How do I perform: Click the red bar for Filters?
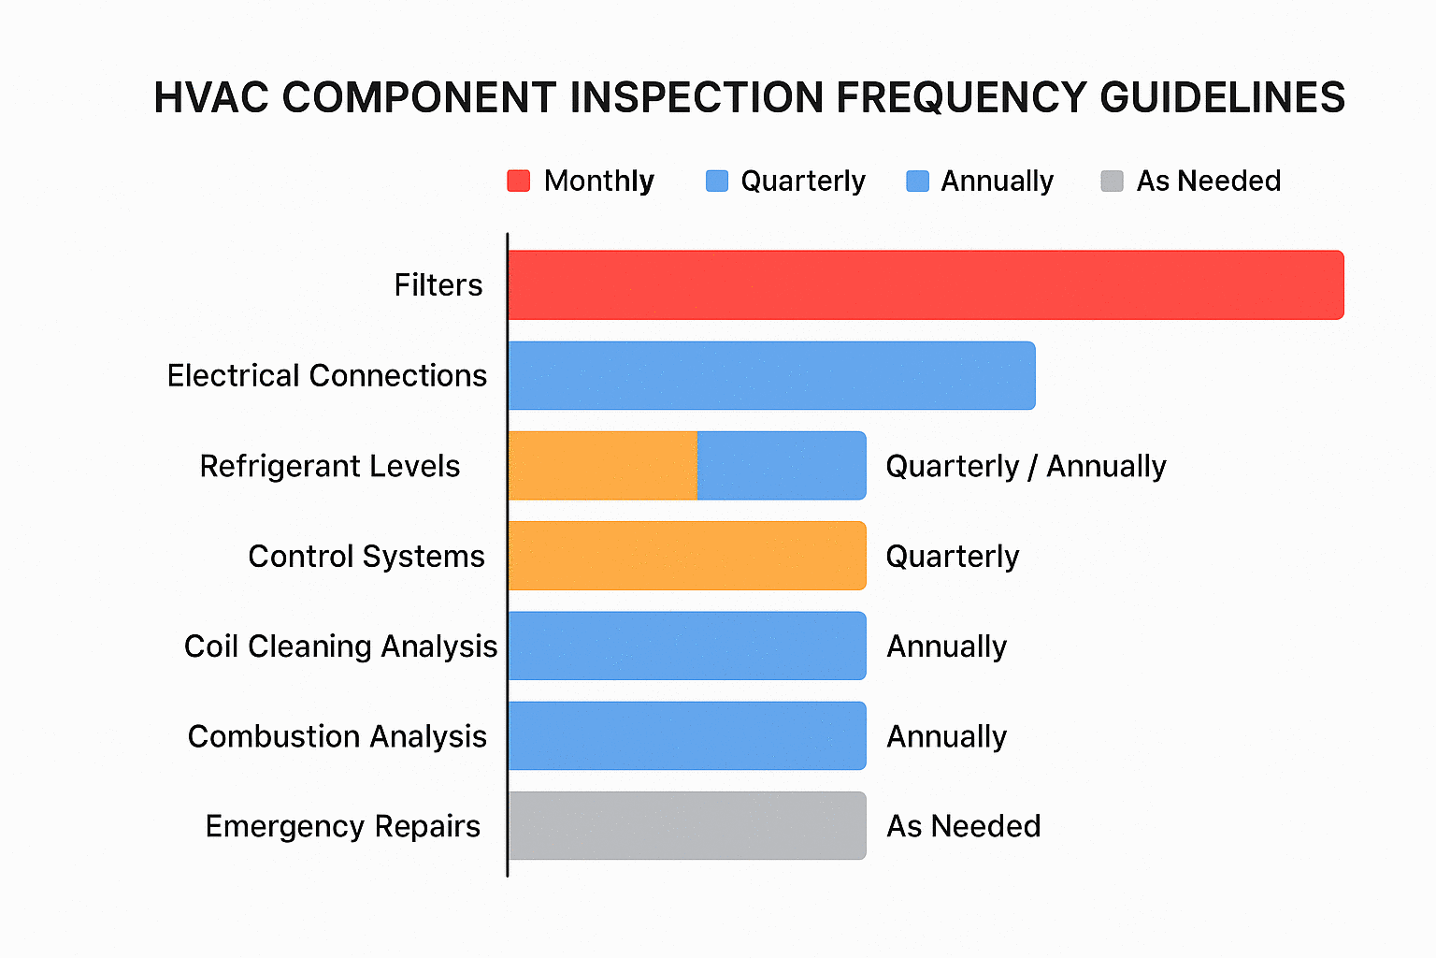[x=926, y=285]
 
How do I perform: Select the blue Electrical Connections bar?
[x=771, y=375]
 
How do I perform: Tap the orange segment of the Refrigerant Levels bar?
[x=603, y=466]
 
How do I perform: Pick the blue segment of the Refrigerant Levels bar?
[x=782, y=466]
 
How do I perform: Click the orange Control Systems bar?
[x=687, y=556]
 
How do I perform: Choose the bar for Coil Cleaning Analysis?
[x=687, y=646]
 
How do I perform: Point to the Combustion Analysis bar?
[x=687, y=736]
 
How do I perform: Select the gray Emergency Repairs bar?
[x=687, y=826]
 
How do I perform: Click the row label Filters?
[x=438, y=285]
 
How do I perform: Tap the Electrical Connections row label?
[x=326, y=376]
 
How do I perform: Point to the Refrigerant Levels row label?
[x=329, y=466]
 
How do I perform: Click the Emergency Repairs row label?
[x=342, y=827]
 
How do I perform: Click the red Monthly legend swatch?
[x=518, y=181]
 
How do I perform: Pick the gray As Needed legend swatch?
[x=1112, y=181]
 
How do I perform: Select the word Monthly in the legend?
[x=598, y=181]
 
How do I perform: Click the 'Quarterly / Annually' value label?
[x=1026, y=466]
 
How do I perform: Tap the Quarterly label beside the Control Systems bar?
[x=952, y=557]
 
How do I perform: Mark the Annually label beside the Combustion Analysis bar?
[x=946, y=737]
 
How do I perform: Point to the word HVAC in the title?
[x=211, y=98]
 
